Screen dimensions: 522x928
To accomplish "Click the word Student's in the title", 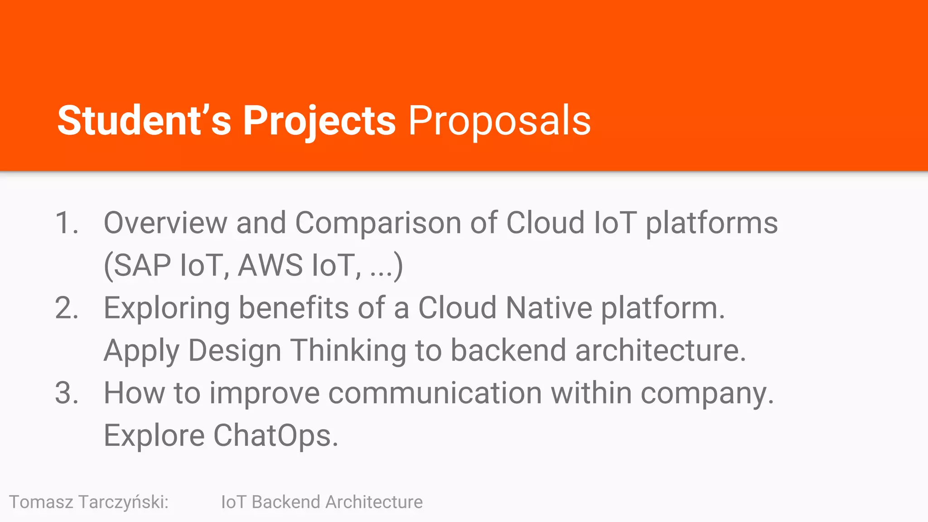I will [x=144, y=121].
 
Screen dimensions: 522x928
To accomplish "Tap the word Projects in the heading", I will [x=319, y=121].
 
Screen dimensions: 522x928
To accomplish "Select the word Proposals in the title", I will [x=499, y=121].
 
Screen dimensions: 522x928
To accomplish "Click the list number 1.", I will [x=66, y=223].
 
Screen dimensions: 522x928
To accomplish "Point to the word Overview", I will [x=165, y=223].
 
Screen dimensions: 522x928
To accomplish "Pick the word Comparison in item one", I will [x=378, y=223].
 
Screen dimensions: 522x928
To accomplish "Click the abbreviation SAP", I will [x=142, y=265].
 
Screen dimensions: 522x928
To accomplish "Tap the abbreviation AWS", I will [x=270, y=265].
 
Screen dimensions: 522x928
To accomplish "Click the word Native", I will [x=549, y=308].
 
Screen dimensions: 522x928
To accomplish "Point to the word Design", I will [x=235, y=351].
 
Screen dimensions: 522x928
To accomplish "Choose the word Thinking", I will [x=348, y=351].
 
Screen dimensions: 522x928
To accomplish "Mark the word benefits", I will [x=294, y=308].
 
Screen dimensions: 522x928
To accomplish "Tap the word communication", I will [x=435, y=393].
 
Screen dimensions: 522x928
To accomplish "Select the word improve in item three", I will [x=265, y=393].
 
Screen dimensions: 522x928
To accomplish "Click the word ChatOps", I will [x=275, y=435].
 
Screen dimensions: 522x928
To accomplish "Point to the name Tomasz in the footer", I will [x=41, y=502].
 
